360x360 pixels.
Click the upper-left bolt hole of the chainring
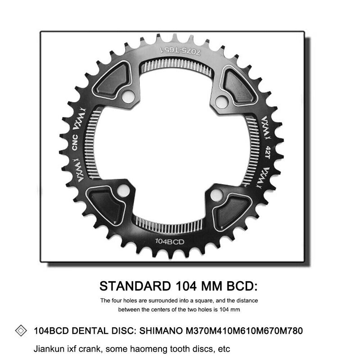(x=127, y=94)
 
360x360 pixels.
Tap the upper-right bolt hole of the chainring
(x=220, y=101)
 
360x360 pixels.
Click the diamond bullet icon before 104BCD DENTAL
(x=21, y=331)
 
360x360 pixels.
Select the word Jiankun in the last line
(x=48, y=349)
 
